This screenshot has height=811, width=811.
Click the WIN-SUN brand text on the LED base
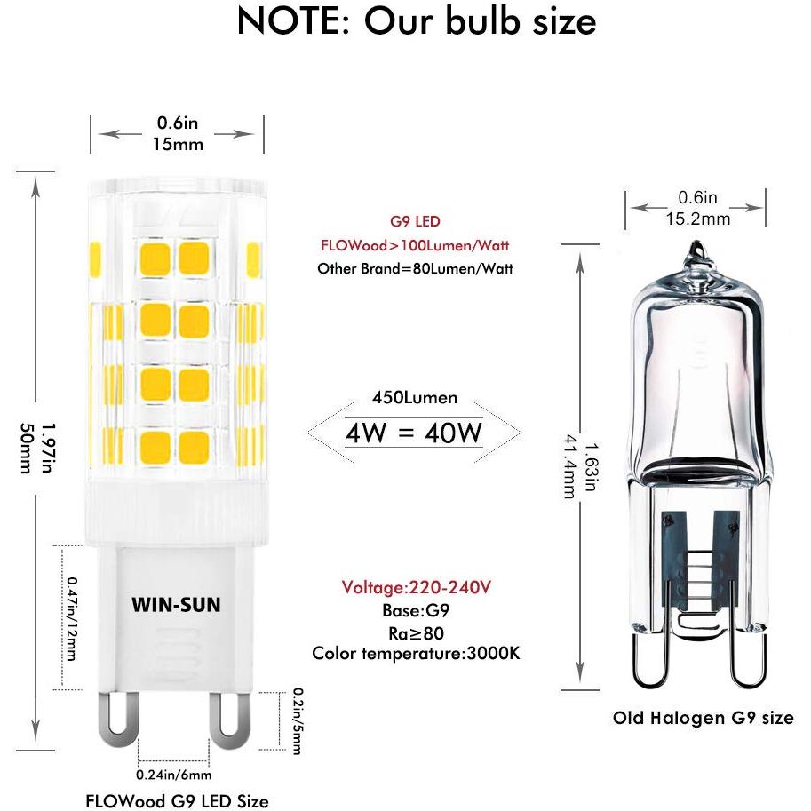point(176,605)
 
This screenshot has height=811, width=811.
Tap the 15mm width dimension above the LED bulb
point(178,144)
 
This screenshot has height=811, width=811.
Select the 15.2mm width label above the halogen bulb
point(697,219)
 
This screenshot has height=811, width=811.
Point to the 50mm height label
point(26,449)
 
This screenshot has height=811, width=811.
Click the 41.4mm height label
point(569,466)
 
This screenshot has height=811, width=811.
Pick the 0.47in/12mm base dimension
point(72,618)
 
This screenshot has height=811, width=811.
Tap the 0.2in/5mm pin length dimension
point(298,721)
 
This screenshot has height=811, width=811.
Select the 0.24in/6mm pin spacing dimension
point(174,775)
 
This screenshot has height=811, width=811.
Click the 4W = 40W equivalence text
point(414,433)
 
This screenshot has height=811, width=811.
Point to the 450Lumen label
point(415,397)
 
